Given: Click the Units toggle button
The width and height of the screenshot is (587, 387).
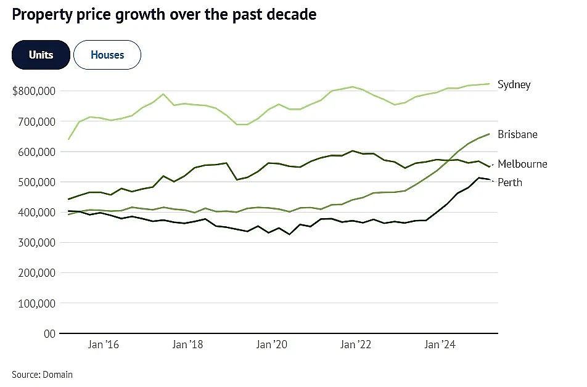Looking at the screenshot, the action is (x=41, y=55).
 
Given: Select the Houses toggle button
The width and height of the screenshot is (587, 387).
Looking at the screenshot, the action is (x=107, y=55).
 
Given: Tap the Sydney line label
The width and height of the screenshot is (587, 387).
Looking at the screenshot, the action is (x=514, y=84).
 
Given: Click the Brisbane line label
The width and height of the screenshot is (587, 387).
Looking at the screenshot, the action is (x=517, y=134).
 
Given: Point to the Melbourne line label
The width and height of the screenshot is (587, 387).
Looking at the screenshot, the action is (x=522, y=164).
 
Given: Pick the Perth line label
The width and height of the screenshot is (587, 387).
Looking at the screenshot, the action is (x=509, y=182).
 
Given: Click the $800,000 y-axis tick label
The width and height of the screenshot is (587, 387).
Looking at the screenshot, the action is (x=34, y=91).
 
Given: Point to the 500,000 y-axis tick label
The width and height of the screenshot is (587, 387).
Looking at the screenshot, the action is (x=37, y=182).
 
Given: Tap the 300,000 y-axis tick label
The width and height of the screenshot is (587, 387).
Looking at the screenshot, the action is (x=37, y=243).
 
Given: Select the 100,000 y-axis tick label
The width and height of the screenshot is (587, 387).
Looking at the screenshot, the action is (x=37, y=304).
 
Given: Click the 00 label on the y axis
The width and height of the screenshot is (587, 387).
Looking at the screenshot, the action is (x=49, y=334).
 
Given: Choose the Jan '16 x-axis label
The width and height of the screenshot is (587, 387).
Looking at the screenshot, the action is (x=104, y=344).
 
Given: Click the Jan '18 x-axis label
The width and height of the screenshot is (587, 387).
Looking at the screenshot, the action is (x=187, y=344).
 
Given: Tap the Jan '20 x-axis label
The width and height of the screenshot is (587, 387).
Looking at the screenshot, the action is (x=272, y=344).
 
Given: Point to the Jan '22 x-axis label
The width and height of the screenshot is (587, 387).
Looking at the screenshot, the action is (x=356, y=344).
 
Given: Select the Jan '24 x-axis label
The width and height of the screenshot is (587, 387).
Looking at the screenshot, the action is (x=440, y=344).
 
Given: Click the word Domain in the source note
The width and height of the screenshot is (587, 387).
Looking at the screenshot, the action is (x=58, y=375).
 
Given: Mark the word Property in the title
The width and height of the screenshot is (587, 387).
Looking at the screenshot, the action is (x=42, y=15).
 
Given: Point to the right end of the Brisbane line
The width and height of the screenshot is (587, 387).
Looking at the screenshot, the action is (x=490, y=134).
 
